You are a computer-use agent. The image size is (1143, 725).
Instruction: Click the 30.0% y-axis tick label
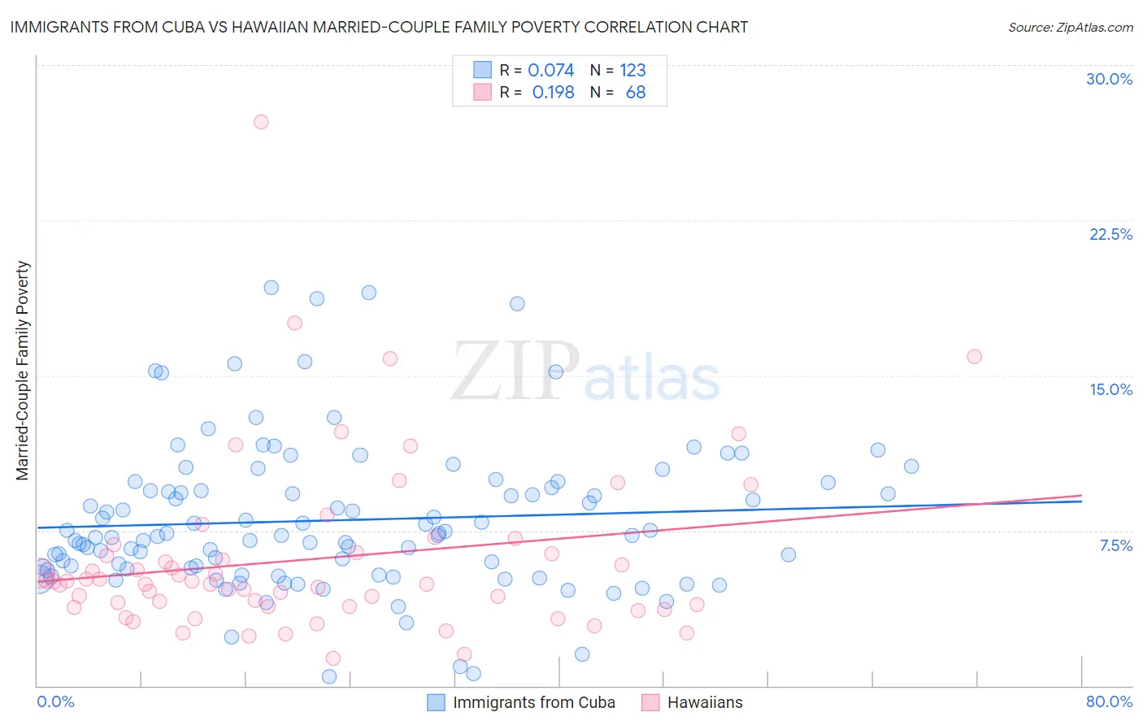click(x=1109, y=79)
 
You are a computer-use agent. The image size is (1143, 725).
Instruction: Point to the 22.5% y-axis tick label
click(x=1110, y=234)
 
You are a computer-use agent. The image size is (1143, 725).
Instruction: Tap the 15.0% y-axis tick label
click(x=1110, y=389)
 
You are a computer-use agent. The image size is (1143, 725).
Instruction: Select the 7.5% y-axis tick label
click(x=1115, y=545)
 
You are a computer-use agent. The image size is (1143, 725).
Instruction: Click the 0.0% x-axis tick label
click(x=55, y=701)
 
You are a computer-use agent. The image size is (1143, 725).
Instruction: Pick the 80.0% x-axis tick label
click(x=1109, y=701)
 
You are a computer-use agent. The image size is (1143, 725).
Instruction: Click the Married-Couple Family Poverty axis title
click(x=23, y=370)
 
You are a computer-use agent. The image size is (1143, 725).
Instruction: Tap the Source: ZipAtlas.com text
click(x=1070, y=27)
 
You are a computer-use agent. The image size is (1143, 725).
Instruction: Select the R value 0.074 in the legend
click(x=550, y=71)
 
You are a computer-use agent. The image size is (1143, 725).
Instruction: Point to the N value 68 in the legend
click(x=635, y=93)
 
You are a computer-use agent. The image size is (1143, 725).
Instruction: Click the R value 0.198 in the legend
click(x=553, y=93)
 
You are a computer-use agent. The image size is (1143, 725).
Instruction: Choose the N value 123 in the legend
click(x=632, y=71)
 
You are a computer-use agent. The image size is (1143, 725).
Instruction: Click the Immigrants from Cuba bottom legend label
click(x=533, y=702)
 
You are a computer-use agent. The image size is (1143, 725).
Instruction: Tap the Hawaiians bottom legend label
click(x=705, y=702)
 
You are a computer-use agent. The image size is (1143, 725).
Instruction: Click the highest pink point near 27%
click(x=261, y=122)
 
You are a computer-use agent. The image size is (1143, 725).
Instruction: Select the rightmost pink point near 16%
click(x=974, y=357)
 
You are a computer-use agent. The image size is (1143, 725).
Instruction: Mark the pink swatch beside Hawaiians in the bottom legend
click(x=650, y=702)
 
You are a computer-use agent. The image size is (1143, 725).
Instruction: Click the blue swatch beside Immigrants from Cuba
click(x=437, y=702)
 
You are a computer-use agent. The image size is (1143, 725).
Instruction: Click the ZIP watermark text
click(x=515, y=371)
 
